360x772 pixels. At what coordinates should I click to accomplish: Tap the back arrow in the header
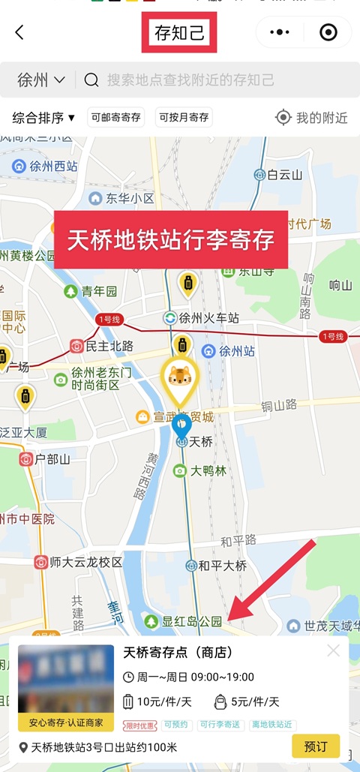[19, 32]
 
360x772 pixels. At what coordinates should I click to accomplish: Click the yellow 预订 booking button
[315, 746]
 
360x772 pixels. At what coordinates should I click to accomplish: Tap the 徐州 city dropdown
[41, 80]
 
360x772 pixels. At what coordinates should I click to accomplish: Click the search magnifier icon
[91, 80]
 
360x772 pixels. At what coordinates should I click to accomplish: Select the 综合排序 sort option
[44, 118]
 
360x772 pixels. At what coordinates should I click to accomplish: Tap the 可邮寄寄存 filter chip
[115, 118]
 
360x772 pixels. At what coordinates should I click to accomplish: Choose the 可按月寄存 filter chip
[184, 118]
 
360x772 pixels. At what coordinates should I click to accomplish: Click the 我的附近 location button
[312, 118]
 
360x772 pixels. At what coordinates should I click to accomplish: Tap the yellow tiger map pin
[180, 378]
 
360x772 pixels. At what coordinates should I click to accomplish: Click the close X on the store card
[334, 651]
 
